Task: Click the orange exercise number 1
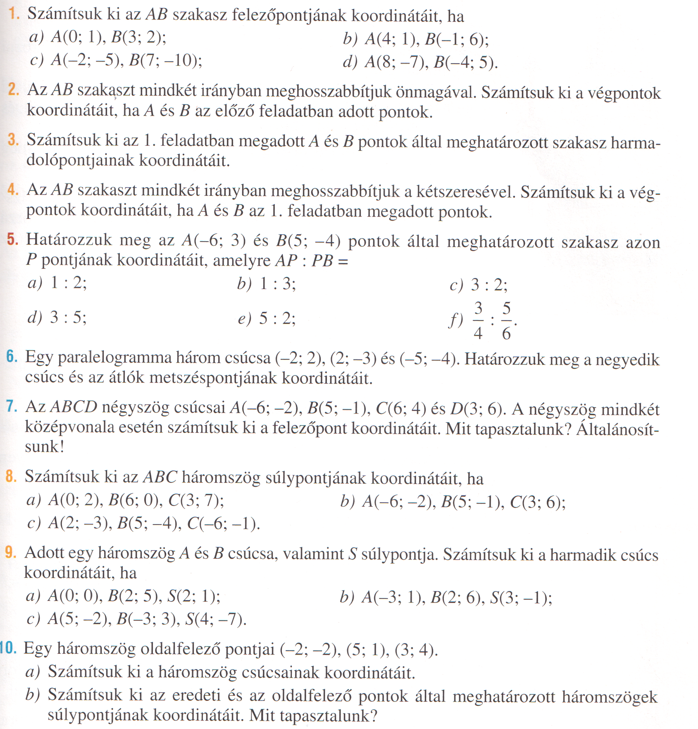tap(14, 14)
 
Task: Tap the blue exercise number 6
tap(12, 357)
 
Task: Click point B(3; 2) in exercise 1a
tap(138, 38)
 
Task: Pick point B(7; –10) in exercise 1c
tap(165, 61)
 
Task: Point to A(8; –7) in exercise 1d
tap(396, 62)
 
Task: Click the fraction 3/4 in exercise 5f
tap(478, 321)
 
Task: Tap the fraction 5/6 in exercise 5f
tap(506, 321)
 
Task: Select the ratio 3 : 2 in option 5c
tap(489, 285)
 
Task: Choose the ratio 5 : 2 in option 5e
tap(277, 318)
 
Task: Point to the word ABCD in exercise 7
tap(74, 407)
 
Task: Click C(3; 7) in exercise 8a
tap(196, 501)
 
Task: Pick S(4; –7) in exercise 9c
tap(216, 619)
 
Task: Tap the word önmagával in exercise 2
tap(435, 92)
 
